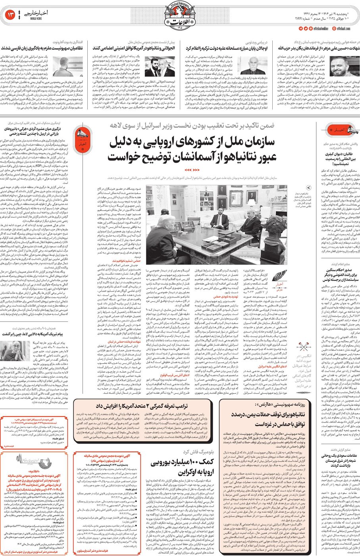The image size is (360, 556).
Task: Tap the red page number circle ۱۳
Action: point(10,15)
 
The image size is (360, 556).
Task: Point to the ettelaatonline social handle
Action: point(319,29)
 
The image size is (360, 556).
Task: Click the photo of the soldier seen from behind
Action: point(62,67)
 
